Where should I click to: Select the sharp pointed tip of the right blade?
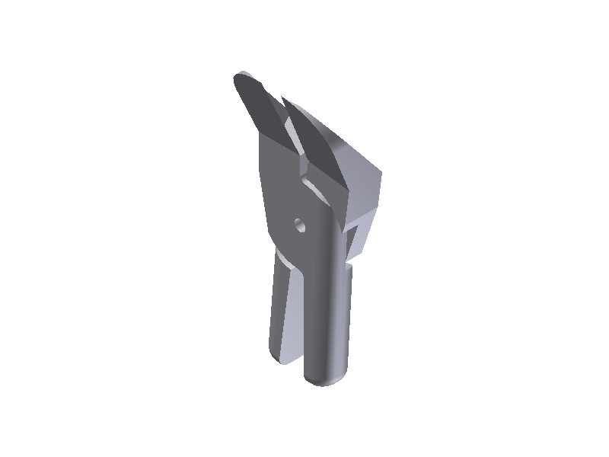pyautogui.click(x=282, y=97)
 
